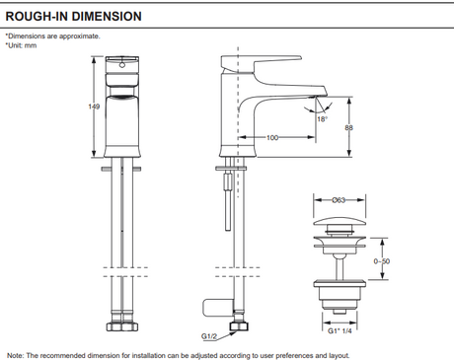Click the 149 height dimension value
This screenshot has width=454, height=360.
pyautogui.click(x=94, y=107)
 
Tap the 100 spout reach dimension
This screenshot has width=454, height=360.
pyautogui.click(x=272, y=137)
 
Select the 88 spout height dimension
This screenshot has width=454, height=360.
pyautogui.click(x=348, y=127)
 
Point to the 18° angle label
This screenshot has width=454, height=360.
pyautogui.click(x=322, y=119)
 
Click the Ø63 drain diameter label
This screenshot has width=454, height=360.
pyautogui.click(x=339, y=200)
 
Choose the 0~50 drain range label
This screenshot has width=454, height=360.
pyautogui.click(x=382, y=261)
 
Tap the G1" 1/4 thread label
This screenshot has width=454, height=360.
pyautogui.click(x=340, y=330)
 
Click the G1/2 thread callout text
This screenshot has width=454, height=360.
pyautogui.click(x=209, y=336)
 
